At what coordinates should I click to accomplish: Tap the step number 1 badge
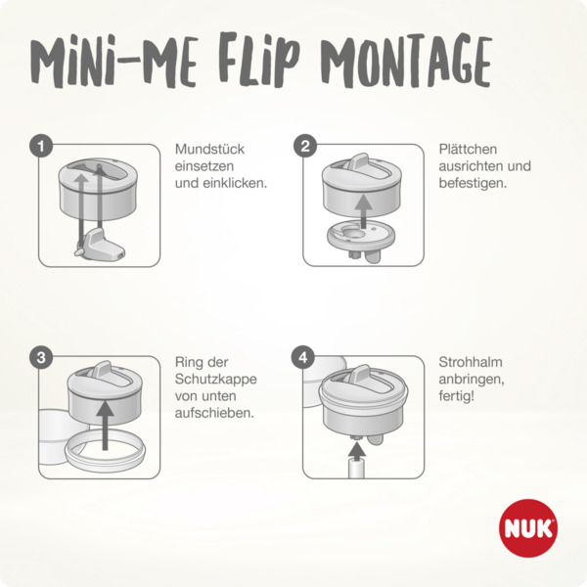40,147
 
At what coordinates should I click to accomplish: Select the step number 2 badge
305,147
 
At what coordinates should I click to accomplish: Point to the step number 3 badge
40,358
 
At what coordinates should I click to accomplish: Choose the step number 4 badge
305,358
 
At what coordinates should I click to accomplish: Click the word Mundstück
209,150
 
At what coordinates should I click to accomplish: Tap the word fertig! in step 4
456,396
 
